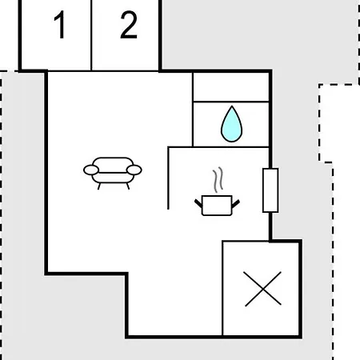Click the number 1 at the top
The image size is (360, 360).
[60, 25]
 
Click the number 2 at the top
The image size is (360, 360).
[129, 25]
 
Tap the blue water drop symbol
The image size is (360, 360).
[231, 124]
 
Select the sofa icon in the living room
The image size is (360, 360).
[113, 173]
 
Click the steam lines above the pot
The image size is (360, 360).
[218, 179]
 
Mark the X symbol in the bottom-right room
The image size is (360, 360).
[263, 289]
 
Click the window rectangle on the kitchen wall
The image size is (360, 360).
[270, 190]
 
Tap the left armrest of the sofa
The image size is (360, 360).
[91, 170]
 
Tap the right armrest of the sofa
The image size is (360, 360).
[134, 170]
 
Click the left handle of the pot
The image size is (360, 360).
[198, 203]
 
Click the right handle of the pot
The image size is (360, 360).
[236, 203]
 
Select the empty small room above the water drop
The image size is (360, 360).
[230, 87]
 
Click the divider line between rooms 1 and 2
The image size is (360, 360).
[91, 35]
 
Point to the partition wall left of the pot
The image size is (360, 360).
[168, 178]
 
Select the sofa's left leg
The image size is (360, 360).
[99, 186]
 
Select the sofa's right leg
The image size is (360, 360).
[128, 186]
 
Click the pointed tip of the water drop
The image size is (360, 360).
[232, 106]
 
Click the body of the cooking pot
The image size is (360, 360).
[217, 206]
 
